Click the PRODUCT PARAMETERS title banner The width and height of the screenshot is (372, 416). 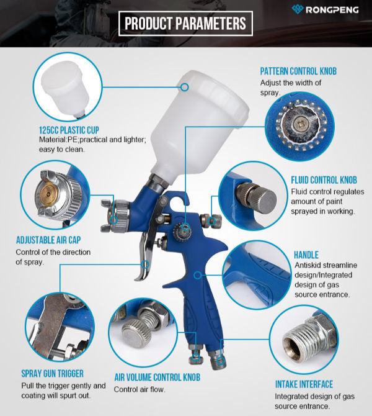pyautogui.click(x=185, y=24)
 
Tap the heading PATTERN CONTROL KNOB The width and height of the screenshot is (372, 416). pyautogui.click(x=298, y=71)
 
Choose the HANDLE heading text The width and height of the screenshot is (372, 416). pyautogui.click(x=306, y=255)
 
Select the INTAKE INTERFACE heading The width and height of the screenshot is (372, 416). pyautogui.click(x=304, y=384)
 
